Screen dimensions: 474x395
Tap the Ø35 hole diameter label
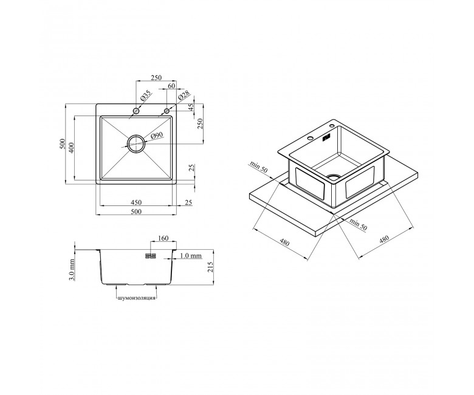click(x=145, y=96)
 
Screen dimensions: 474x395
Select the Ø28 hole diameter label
click(x=184, y=95)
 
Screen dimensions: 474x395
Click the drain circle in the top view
click(x=136, y=144)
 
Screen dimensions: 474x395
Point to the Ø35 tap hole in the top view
click(x=136, y=111)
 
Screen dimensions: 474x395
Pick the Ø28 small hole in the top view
click(x=167, y=111)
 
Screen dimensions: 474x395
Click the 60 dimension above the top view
click(x=171, y=86)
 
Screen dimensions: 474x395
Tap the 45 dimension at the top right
click(x=191, y=108)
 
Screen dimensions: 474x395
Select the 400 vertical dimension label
click(x=71, y=148)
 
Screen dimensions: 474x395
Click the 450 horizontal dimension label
click(x=136, y=202)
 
